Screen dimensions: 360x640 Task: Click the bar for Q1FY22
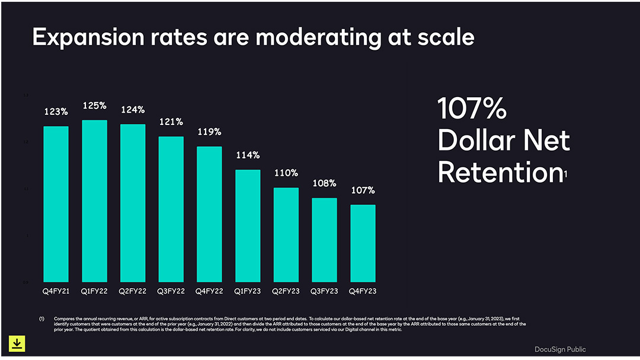click(94, 201)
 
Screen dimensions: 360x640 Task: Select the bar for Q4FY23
click(363, 243)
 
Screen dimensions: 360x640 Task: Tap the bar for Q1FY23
click(248, 226)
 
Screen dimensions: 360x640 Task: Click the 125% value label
click(94, 105)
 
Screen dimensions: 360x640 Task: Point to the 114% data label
click(248, 155)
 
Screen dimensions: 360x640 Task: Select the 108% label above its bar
click(324, 183)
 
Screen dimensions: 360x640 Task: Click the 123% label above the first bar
click(56, 111)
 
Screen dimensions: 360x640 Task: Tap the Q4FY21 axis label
click(56, 291)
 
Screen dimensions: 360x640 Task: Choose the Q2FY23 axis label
click(286, 291)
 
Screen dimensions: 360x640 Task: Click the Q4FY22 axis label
click(209, 291)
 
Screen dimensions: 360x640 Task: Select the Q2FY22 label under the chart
click(133, 291)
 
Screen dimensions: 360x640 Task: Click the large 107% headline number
click(472, 109)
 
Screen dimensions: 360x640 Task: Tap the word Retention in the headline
click(500, 172)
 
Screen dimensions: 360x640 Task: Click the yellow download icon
click(17, 343)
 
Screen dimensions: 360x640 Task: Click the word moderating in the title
click(303, 37)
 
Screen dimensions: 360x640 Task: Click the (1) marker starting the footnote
click(41, 319)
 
